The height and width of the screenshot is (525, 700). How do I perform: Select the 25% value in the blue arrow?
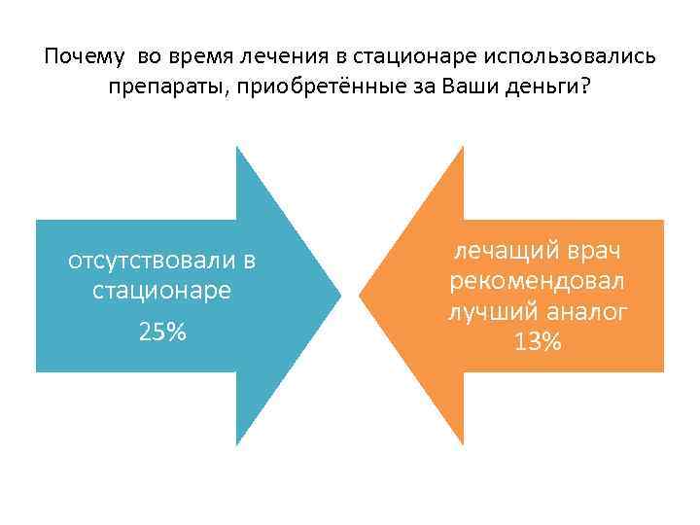click(162, 332)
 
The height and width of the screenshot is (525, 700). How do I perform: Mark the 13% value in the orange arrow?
click(538, 342)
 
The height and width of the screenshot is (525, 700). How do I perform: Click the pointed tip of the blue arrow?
click(339, 295)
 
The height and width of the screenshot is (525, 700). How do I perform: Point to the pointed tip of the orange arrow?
click(362, 295)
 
